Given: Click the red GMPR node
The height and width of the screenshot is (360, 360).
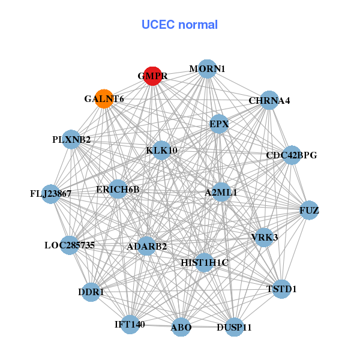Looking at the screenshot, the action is point(152,76).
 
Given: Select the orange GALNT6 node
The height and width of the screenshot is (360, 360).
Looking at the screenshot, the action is point(104,98).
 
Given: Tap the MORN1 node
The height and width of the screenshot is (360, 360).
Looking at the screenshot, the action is point(207,69).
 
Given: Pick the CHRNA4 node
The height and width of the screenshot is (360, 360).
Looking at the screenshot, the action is point(269,100).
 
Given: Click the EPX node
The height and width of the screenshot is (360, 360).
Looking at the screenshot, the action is point(219,124).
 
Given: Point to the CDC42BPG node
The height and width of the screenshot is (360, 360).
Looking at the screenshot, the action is point(292,155).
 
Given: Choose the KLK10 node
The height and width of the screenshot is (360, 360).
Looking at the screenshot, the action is point(161,150).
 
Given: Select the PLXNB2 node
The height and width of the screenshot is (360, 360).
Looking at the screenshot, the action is point(71,140).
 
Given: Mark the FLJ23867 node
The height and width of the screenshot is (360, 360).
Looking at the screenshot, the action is point(51,194).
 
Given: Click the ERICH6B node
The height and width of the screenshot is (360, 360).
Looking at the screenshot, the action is point(118,190).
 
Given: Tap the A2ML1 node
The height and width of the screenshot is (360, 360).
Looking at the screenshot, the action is point(221,193).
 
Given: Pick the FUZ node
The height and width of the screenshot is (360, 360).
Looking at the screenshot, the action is point(309,210).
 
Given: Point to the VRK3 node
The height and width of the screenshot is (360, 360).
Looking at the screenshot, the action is point(265,238).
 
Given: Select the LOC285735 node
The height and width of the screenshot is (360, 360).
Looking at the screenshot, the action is point(70,245).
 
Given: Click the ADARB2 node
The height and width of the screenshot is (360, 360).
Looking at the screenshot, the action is point(147,246).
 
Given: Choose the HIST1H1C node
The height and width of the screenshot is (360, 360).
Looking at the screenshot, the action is point(205,262).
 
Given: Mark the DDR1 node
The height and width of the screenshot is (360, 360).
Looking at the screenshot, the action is point(91,292).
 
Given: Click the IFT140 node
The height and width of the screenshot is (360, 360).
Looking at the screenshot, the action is point(130,325).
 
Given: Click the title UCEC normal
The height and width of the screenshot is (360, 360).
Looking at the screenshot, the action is point(179,25).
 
